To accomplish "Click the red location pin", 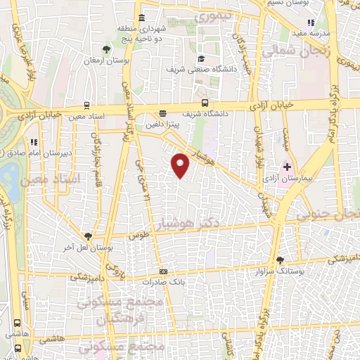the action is click(x=181, y=165).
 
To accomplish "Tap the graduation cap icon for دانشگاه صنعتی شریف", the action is click(x=202, y=58).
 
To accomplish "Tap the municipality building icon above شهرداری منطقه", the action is click(x=142, y=18).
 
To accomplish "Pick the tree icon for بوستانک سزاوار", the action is click(x=281, y=260).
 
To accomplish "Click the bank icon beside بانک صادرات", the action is click(x=164, y=271).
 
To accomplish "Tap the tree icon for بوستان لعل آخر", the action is click(x=88, y=236).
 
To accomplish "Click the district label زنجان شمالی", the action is click(x=288, y=51).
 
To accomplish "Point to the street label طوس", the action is click(x=139, y=237).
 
